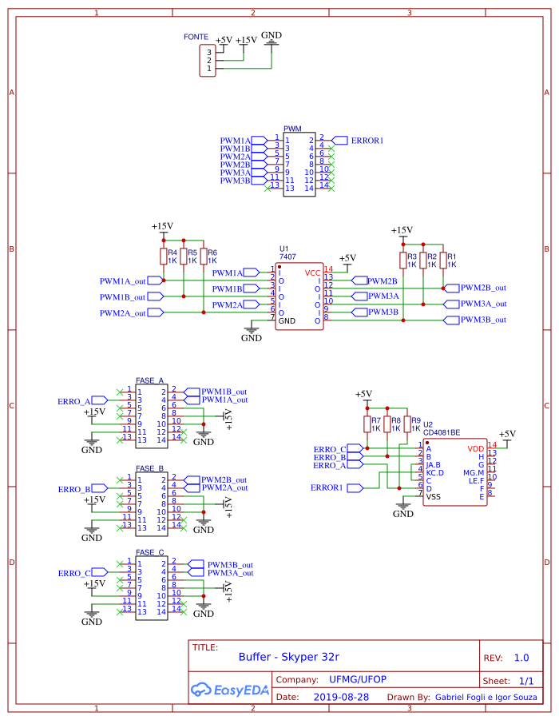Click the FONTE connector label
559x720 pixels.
(196, 38)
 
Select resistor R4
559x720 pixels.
(163, 257)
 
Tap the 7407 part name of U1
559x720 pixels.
(287, 257)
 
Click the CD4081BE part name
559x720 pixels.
(442, 432)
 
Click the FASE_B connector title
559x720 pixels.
(149, 468)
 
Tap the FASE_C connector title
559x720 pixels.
(149, 552)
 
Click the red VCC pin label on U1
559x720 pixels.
(312, 272)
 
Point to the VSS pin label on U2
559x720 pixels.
(433, 497)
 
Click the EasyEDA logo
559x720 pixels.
(229, 690)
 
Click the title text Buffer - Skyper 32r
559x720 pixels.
(289, 658)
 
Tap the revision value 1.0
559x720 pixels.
(521, 658)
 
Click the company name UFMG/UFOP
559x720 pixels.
(358, 679)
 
